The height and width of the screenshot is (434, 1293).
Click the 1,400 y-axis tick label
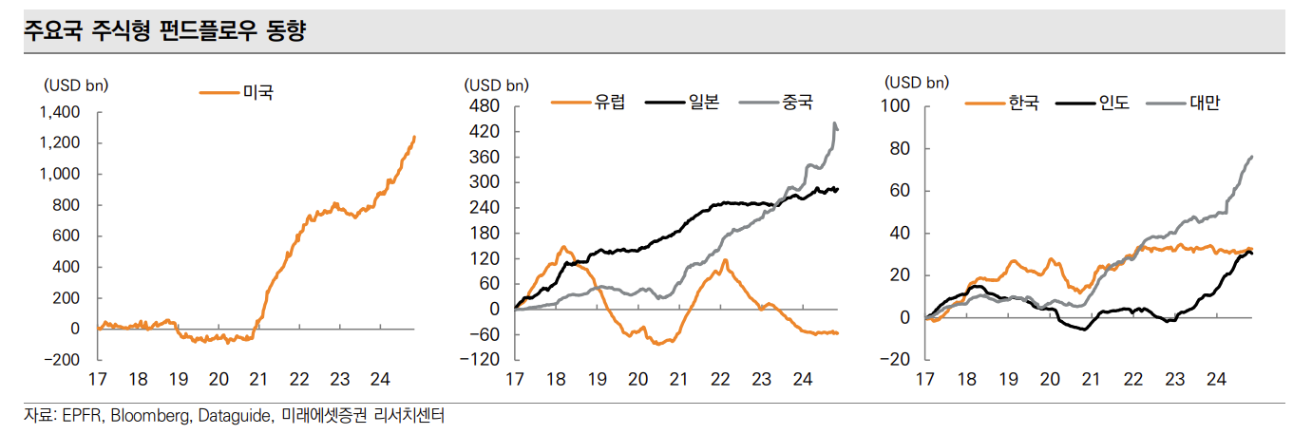(61, 112)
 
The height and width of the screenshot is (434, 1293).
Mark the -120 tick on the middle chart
(483, 360)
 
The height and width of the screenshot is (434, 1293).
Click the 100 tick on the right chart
(898, 106)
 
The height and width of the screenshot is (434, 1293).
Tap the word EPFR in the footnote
(80, 416)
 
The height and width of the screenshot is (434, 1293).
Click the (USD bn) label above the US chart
(76, 85)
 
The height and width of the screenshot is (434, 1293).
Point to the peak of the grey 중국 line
(834, 123)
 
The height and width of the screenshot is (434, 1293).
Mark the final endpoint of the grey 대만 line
(1252, 156)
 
